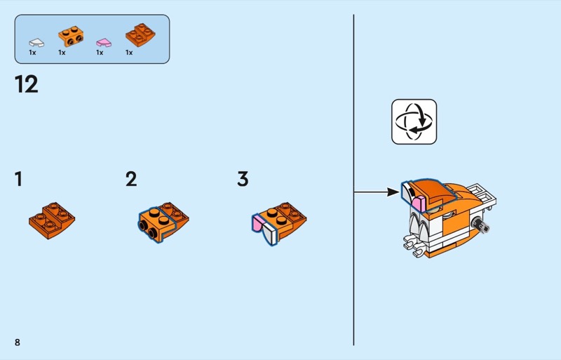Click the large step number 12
27,84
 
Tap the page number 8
18,342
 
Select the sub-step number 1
18,179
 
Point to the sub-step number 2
131,179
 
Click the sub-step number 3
243,179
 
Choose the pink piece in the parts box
103,41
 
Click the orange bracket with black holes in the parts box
69,35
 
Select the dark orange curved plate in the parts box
140,34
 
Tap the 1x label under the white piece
32,53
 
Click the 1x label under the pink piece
100,53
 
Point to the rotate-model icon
414,121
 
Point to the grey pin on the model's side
483,225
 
